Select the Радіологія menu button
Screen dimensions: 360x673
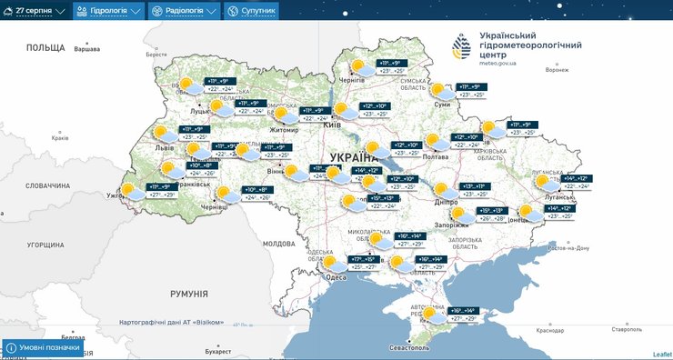tap(185, 11)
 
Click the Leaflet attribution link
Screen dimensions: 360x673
tap(661, 354)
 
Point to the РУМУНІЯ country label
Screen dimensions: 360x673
tap(189, 295)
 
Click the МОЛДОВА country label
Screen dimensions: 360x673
tap(278, 244)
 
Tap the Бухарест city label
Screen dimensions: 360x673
tap(218, 350)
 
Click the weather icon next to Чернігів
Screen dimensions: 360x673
tap(360, 67)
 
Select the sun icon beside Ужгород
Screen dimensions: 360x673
tap(130, 191)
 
